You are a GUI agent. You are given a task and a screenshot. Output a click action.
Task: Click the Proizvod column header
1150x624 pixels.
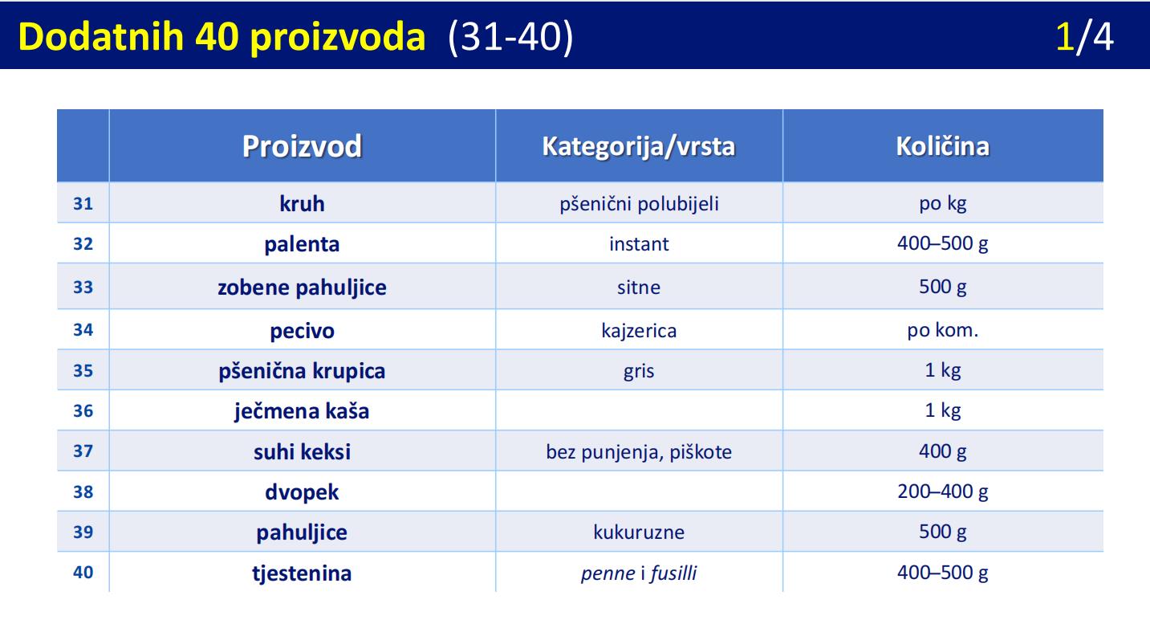point(302,146)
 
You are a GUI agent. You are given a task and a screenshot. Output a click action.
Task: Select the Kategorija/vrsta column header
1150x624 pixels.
point(639,146)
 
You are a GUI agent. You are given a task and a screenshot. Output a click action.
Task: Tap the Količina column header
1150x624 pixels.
point(943,146)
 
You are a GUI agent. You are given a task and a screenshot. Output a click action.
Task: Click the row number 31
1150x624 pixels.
point(83,203)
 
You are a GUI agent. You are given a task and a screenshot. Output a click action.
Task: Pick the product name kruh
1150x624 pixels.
point(302,203)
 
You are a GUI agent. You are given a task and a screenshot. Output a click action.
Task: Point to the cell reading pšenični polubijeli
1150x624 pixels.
point(639,204)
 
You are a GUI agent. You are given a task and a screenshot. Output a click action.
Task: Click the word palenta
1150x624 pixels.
point(302,244)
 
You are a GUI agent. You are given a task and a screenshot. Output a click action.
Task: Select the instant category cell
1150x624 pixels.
point(639,243)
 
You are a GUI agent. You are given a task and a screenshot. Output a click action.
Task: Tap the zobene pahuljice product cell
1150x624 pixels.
point(302,287)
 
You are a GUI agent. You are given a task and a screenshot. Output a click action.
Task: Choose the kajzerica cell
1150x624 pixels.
point(639,330)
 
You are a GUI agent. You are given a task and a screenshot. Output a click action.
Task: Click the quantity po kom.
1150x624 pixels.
point(943,330)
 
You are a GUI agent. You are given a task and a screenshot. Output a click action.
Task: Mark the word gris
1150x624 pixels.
point(639,371)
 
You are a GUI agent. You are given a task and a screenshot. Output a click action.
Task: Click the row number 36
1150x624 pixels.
point(83,411)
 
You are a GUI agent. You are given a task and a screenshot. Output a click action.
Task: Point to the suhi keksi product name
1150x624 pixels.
point(302,452)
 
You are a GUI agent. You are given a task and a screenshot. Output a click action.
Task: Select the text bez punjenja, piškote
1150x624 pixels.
point(639,452)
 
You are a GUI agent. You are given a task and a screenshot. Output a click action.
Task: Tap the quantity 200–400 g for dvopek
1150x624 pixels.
point(943,491)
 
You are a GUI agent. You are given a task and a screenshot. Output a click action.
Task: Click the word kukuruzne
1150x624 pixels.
point(639,532)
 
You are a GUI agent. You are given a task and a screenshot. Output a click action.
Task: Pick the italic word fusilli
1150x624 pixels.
point(673,573)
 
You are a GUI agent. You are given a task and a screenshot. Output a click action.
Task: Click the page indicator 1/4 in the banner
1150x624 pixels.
point(1084,36)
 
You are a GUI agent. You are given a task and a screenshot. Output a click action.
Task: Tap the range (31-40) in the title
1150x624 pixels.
point(510,37)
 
